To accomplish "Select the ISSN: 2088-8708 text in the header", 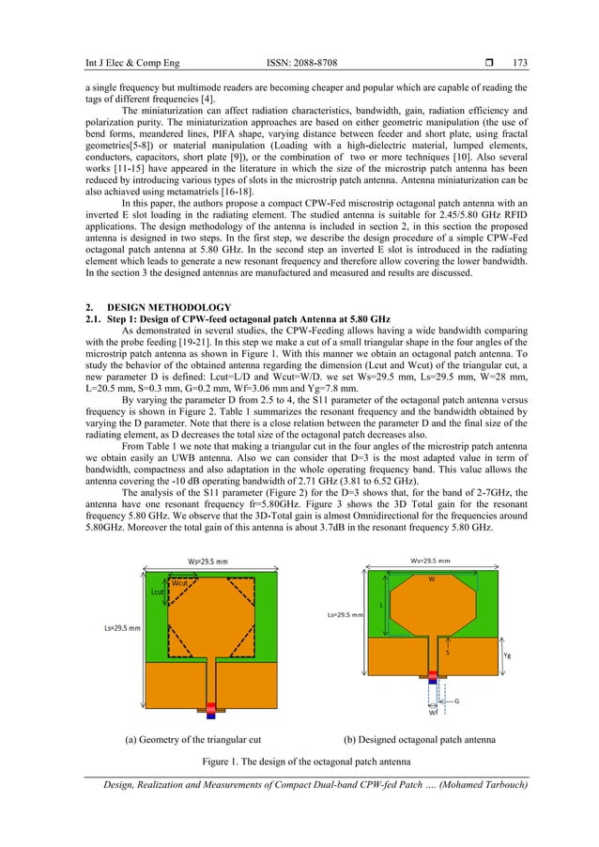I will click(298, 36).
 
